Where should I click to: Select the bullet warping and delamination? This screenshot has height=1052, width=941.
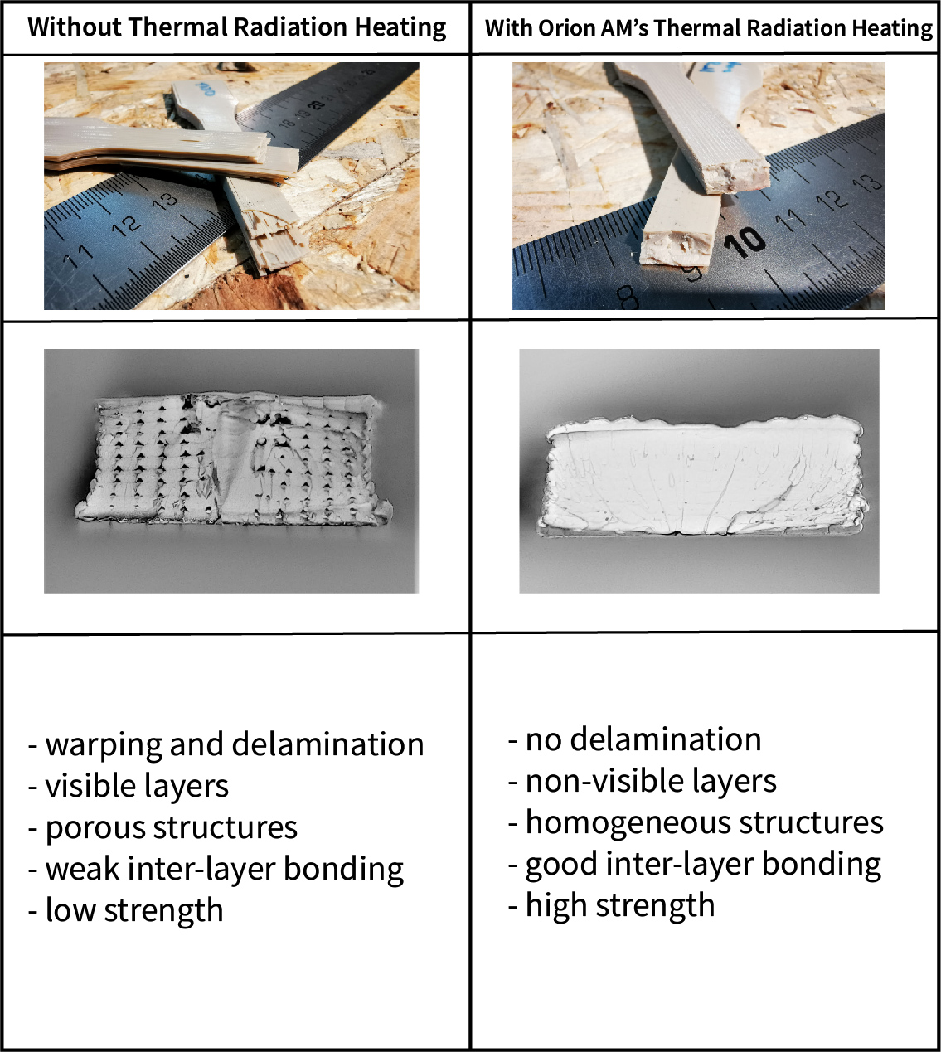pos(226,745)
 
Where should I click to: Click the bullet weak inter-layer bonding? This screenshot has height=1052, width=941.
pos(216,870)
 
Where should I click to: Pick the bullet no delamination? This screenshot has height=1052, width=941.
pos(634,740)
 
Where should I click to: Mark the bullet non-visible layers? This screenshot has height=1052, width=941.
pos(643,782)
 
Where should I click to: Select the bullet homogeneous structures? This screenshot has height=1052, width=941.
pos(696,823)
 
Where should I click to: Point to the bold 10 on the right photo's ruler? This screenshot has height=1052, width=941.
pos(744,241)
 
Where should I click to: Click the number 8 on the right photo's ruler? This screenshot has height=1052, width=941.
pos(628,297)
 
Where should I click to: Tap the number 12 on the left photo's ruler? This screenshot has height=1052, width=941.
pos(127,225)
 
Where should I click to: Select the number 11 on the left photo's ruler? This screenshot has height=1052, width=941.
pos(77,255)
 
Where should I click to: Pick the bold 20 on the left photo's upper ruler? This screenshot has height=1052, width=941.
pos(315,104)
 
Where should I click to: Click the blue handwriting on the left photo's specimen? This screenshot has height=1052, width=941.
pos(205,89)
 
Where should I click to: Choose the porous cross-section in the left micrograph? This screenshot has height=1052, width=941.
pos(232,459)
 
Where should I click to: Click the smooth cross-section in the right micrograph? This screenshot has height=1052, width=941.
pos(702,476)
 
